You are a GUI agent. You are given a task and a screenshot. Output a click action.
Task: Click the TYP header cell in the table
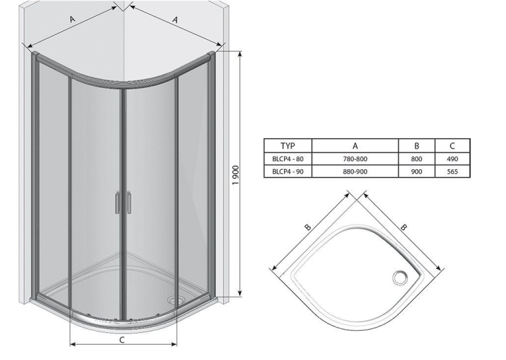[288, 146]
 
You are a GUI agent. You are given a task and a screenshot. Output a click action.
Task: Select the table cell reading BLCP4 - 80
[288, 159]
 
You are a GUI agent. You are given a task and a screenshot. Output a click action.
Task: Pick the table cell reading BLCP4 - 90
[288, 171]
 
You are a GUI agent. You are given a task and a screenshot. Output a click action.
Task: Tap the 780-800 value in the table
[355, 159]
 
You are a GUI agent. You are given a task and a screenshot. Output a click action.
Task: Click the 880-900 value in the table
[355, 171]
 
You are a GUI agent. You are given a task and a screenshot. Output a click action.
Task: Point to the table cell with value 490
[452, 159]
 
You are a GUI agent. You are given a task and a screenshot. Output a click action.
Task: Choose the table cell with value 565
[452, 171]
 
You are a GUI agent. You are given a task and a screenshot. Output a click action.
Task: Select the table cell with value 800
[417, 159]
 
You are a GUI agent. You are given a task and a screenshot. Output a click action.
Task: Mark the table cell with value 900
[417, 171]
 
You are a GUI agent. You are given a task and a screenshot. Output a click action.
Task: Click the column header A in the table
[355, 146]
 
